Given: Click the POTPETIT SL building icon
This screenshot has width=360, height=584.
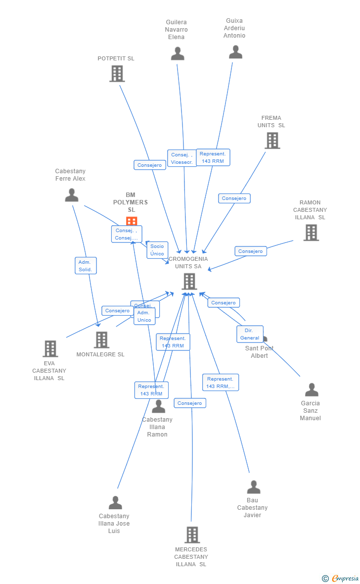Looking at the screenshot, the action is click(117, 74).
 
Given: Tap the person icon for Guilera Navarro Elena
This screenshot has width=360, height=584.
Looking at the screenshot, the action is click(178, 53).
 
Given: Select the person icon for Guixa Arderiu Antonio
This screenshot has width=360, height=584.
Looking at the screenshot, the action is click(235, 52).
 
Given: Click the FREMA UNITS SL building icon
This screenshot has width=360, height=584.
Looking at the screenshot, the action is click(272, 141).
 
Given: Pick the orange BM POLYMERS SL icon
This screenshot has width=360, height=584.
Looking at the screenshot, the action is click(132, 221).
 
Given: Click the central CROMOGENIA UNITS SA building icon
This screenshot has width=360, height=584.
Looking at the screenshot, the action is click(189, 282).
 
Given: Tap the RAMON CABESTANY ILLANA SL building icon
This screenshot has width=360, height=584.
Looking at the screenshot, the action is click(311, 233).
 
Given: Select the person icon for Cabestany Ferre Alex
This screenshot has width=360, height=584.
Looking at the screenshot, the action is click(72, 195).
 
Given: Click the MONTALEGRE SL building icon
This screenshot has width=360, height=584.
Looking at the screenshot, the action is click(101, 340).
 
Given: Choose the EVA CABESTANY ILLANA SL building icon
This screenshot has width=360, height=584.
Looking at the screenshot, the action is click(50, 348).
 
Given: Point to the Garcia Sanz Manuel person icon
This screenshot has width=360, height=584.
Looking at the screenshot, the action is click(312, 390).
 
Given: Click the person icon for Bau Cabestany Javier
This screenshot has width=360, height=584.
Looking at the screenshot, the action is click(254, 487).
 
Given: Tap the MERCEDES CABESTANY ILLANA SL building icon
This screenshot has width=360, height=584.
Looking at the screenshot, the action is click(192, 535).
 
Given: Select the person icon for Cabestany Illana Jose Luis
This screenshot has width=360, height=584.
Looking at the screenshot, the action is click(115, 503).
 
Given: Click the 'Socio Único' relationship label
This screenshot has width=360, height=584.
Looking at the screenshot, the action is click(157, 250).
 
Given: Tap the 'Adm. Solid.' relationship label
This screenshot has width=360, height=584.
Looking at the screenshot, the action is click(86, 266).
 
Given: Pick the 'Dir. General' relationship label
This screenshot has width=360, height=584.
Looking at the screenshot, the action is click(250, 334).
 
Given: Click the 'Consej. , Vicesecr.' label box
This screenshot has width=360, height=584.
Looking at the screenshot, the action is click(181, 158).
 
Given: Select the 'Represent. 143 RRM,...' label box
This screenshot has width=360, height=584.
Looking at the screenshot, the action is click(221, 383).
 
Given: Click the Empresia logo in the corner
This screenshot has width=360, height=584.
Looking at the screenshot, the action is click(344, 578).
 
